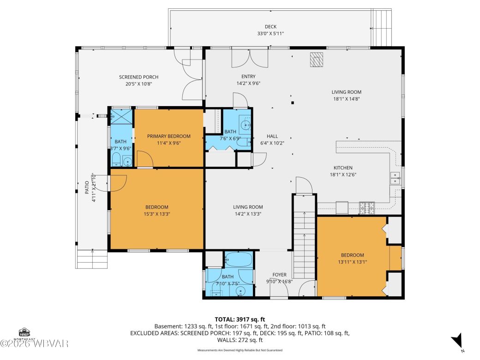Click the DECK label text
pos(270,27)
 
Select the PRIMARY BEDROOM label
pos(168,136)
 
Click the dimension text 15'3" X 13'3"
pos(156,214)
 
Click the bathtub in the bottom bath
pos(239,261)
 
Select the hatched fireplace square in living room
pos(317,60)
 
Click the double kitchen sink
pos(395,178)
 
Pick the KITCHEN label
pos(343,168)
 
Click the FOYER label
pos(279,275)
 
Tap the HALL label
pos(272,136)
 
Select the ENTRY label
pos(248,77)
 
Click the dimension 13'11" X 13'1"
pos(352,262)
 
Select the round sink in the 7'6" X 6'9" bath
pos(246,124)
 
